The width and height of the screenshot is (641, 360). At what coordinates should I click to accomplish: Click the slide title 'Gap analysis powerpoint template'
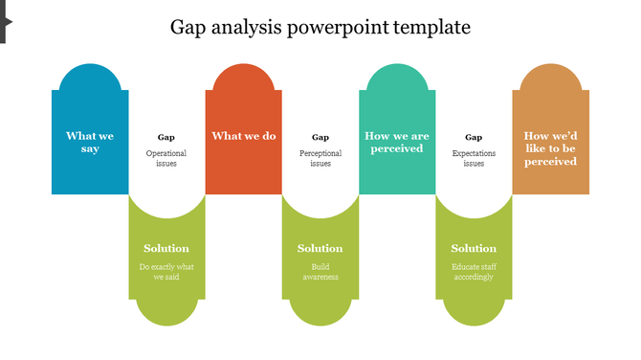(320, 27)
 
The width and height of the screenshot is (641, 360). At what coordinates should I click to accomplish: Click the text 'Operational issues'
(166, 158)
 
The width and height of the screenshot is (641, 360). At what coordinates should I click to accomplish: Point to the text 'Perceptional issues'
(320, 158)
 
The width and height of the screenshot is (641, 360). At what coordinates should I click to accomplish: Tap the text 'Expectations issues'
(474, 158)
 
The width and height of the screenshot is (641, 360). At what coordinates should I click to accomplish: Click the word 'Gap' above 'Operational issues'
(166, 137)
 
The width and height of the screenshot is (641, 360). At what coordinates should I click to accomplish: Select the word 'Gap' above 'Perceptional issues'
(320, 137)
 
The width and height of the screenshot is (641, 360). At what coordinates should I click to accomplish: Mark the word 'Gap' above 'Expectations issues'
(474, 137)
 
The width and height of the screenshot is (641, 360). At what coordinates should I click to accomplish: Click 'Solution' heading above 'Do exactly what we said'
(166, 249)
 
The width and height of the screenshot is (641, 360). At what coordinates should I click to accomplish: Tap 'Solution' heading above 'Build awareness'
(320, 249)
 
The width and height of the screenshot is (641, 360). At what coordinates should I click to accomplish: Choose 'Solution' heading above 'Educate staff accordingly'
(474, 249)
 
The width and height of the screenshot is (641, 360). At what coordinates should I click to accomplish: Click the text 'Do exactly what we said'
(166, 272)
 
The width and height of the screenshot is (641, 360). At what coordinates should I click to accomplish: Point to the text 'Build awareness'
(320, 272)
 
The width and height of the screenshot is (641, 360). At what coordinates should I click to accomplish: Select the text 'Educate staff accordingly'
(474, 272)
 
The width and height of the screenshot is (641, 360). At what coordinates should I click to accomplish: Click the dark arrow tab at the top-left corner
(4, 21)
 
